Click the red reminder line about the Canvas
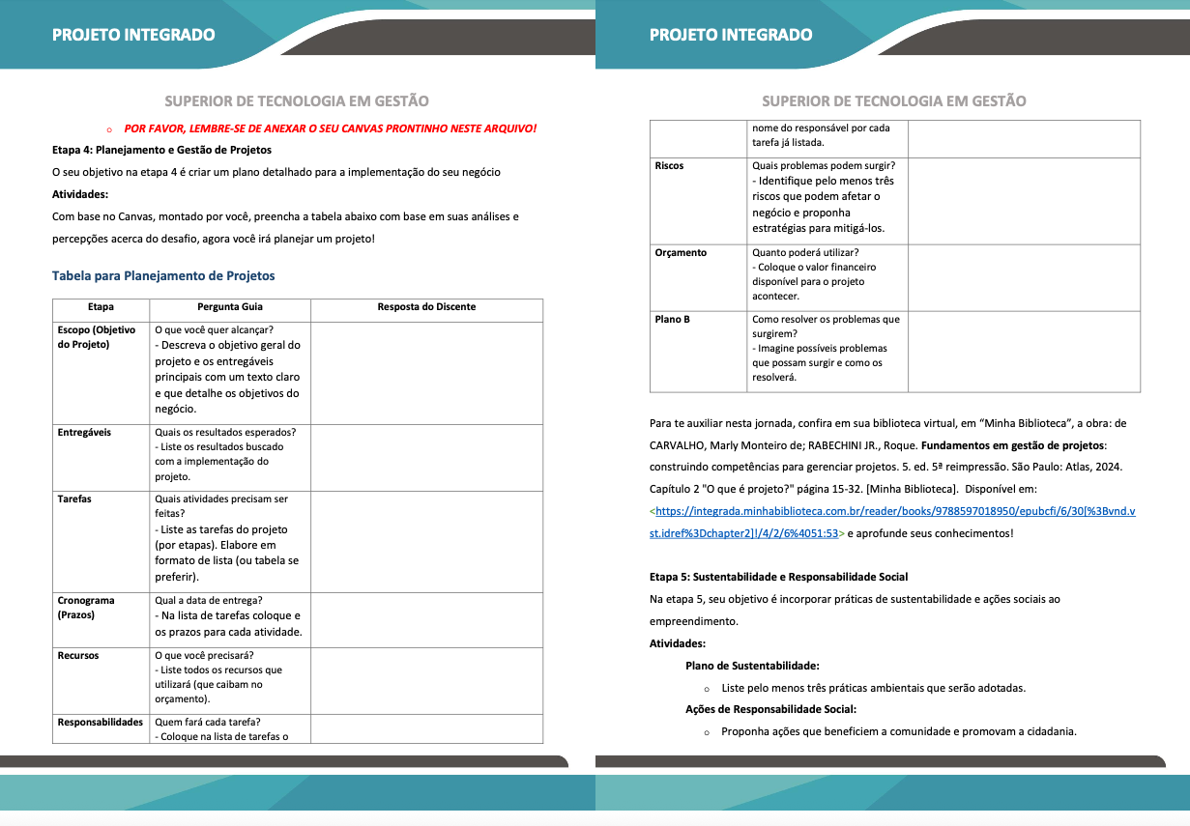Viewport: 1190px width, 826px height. [x=330, y=128]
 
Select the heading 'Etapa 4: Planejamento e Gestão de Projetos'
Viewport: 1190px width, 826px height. [x=161, y=150]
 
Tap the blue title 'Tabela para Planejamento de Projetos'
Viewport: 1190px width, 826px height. [x=163, y=275]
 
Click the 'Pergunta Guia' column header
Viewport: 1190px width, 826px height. [x=230, y=307]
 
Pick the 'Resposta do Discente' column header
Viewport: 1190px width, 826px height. [x=426, y=307]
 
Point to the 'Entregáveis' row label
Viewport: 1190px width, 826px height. [x=84, y=432]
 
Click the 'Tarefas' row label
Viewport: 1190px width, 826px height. [x=74, y=498]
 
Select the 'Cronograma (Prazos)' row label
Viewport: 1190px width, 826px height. [x=86, y=607]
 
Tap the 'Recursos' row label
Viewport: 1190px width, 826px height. [x=78, y=655]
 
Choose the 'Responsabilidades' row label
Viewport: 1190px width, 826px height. [x=101, y=722]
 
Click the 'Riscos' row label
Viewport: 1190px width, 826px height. [x=669, y=165]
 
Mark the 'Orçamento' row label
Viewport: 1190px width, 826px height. [x=681, y=252]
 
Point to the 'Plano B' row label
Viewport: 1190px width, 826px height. [x=672, y=319]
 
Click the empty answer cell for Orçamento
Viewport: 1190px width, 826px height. [x=1024, y=275]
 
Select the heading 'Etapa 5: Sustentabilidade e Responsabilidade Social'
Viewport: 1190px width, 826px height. [x=778, y=577]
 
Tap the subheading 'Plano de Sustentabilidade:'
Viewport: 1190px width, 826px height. [x=752, y=666]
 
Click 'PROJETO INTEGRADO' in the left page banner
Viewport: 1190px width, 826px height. [x=133, y=35]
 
